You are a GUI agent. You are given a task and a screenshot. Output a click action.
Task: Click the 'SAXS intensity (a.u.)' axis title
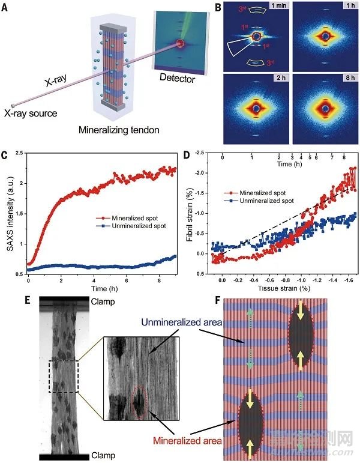click(8, 213)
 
